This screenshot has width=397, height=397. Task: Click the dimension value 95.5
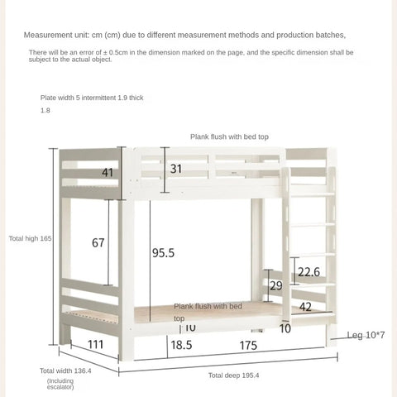[163, 254]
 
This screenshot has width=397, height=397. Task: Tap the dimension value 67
[98, 242]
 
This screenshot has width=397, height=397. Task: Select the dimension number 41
[108, 173]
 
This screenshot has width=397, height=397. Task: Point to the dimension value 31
[176, 169]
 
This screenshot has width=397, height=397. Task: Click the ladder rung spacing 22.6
[309, 271]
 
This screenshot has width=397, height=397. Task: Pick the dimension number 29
[276, 285]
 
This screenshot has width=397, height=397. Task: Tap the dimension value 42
[305, 306]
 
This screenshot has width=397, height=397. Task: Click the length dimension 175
[247, 345]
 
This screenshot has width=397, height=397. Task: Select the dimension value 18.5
[182, 345]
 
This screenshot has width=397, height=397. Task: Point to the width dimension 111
[95, 344]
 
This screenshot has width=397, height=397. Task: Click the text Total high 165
[31, 238]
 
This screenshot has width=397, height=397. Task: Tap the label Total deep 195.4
[233, 375]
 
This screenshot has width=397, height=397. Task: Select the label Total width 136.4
[65, 371]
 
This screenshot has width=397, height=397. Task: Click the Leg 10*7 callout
[365, 335]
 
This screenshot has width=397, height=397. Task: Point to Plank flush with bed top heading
[229, 136]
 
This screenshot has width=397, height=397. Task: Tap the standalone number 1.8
[45, 110]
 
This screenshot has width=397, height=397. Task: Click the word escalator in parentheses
[60, 386]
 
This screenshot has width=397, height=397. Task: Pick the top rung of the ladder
[313, 194]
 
